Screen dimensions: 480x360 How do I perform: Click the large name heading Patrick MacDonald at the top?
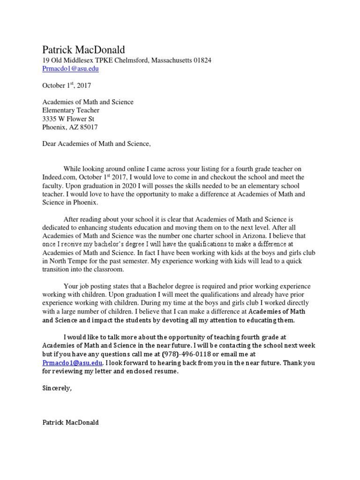coord(84,50)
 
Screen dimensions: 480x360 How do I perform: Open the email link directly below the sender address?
coord(70,68)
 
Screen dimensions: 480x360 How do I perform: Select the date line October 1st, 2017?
coord(67,85)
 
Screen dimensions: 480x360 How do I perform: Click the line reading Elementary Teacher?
coord(71,110)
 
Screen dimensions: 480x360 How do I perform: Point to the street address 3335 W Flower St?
coord(68,119)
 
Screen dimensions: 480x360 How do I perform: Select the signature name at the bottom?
coord(70,422)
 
